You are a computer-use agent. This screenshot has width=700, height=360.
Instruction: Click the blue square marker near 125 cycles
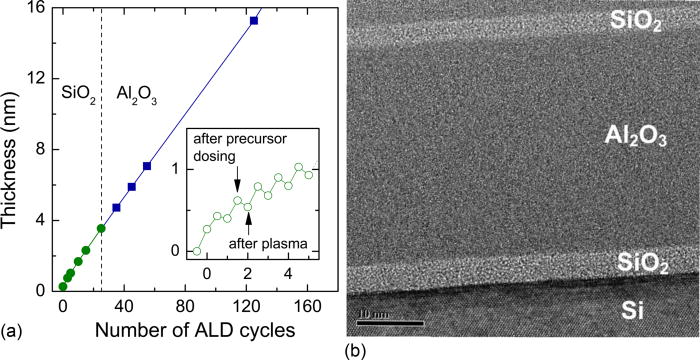click(254, 20)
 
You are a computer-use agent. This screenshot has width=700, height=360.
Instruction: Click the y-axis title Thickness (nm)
click(14, 150)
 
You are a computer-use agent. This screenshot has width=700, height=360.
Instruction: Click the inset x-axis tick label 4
click(288, 272)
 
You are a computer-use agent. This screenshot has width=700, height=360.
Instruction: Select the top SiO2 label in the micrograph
click(639, 21)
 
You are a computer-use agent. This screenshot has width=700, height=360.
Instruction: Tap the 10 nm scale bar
click(390, 322)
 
